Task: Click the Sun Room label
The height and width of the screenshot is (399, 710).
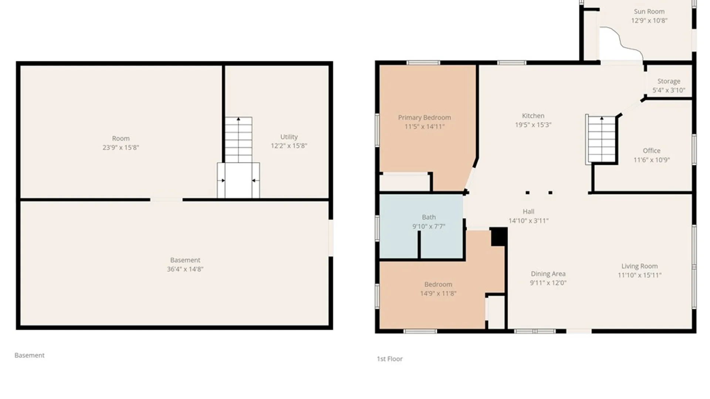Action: click(649, 11)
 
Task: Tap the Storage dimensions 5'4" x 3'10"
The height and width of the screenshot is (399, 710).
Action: click(669, 90)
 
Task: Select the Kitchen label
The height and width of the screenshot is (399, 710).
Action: click(533, 116)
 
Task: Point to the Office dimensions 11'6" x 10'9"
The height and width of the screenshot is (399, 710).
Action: click(652, 160)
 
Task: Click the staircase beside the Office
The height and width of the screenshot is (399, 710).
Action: click(602, 139)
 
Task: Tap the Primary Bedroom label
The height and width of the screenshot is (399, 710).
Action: click(425, 117)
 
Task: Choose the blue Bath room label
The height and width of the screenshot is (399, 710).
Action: click(429, 217)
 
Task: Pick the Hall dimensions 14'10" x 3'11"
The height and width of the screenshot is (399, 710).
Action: click(528, 221)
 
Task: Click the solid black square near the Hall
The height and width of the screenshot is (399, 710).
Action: click(499, 237)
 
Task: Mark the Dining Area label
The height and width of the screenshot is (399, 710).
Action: click(548, 274)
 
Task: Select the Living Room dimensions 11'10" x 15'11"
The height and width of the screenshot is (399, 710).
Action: click(639, 275)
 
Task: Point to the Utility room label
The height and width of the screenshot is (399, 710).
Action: click(289, 137)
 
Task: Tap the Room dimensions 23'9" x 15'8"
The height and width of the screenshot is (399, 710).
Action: click(121, 147)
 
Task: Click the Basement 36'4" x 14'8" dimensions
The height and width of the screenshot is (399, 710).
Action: click(185, 269)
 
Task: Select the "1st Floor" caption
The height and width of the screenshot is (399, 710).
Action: click(389, 359)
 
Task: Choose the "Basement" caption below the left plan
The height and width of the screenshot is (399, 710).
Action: click(29, 355)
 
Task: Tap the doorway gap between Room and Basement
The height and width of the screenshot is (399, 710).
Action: click(166, 200)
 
